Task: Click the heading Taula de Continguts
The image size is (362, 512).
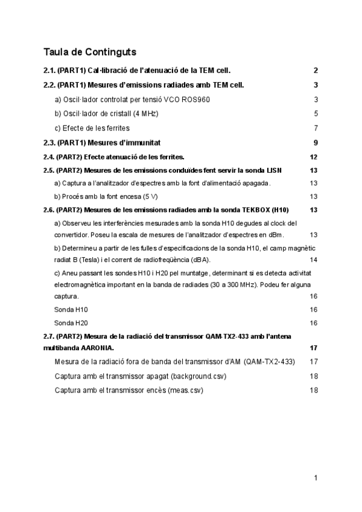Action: tap(89, 52)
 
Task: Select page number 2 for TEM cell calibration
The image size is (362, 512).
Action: tap(316, 70)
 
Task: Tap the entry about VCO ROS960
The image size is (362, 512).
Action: tap(132, 100)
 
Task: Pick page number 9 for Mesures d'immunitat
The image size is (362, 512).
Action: tap(316, 143)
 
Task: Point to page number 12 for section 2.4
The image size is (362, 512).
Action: tap(313, 157)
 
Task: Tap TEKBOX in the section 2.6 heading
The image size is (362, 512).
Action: tap(253, 210)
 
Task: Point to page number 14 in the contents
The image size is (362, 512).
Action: tap(313, 260)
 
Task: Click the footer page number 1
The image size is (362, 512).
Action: tap(316, 478)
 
